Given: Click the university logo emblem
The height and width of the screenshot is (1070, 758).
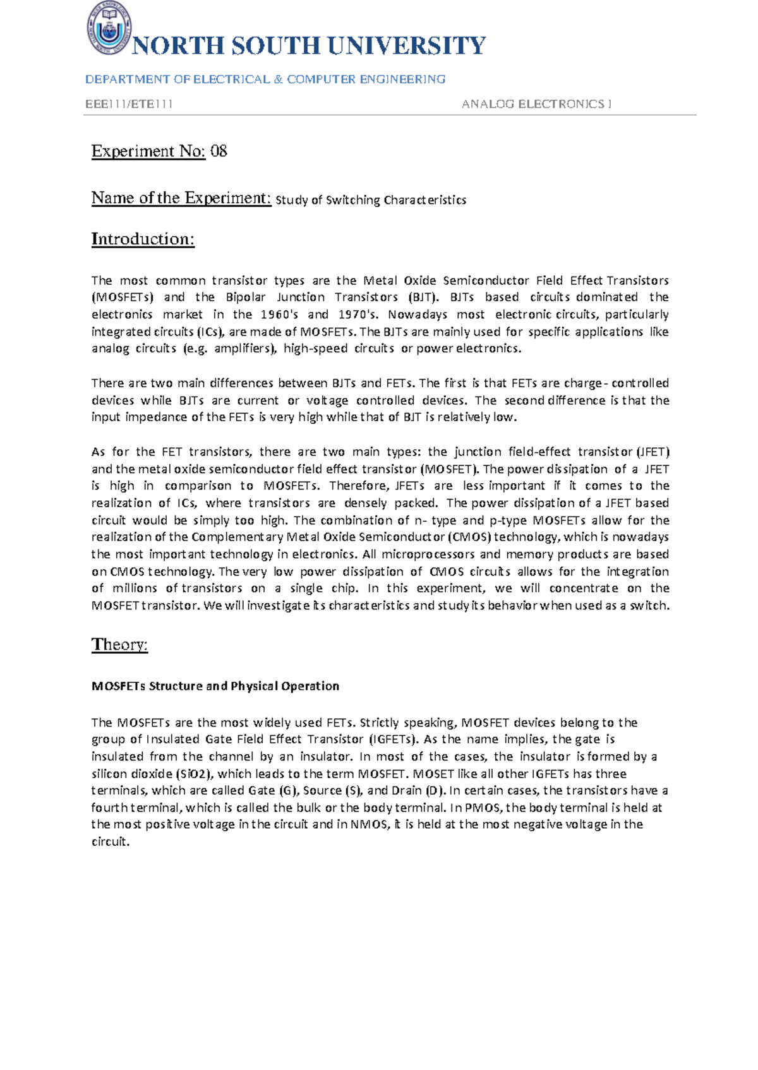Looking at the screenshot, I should coord(109,27).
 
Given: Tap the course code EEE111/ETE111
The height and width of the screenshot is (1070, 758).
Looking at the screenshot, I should coord(129,104).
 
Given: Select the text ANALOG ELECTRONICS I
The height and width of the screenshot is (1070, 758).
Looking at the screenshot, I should coord(536,104).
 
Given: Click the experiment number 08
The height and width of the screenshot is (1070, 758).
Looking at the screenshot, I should coord(219,151).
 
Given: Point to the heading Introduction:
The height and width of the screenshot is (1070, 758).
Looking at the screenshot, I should coord(143,239).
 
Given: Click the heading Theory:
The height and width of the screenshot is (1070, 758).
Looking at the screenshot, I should coord(119,644).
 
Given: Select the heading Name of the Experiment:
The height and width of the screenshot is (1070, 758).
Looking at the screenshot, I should coord(181,198).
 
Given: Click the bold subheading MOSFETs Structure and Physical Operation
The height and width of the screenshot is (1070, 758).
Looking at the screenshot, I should coord(215,686).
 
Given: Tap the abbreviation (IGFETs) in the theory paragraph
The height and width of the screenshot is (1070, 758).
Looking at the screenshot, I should coord(393,739).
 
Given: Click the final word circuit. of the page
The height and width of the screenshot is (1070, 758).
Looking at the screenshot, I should coord(111,842).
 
